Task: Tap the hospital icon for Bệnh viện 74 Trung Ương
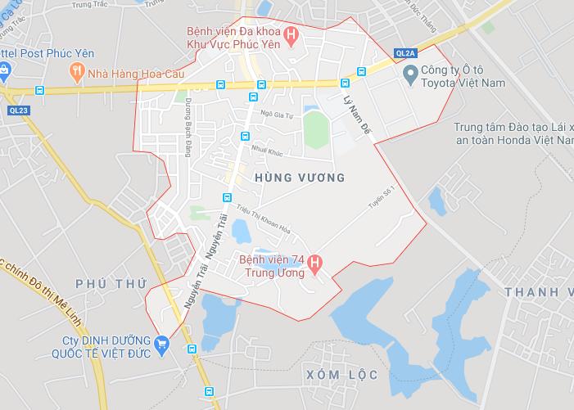tap(319, 262)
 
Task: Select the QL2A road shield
tap(405, 52)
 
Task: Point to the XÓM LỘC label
tap(341, 375)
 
